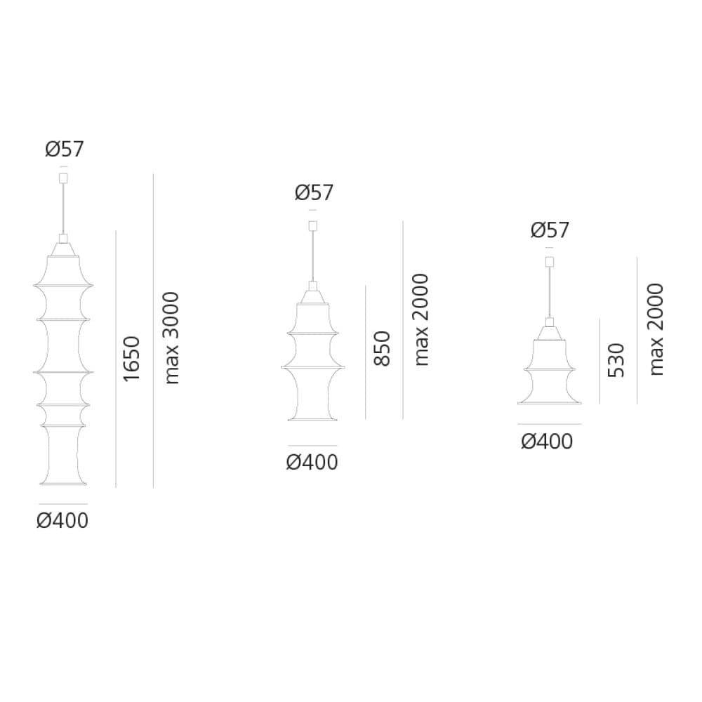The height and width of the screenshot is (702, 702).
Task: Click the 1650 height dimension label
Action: [132, 359]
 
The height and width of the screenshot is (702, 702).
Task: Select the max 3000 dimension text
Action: [171, 338]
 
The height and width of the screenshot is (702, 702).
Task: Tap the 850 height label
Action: [382, 349]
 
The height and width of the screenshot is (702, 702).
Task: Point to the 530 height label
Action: [616, 361]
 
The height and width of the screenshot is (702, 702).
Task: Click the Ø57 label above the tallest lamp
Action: [65, 149]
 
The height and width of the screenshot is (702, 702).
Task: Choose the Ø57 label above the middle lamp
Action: [314, 193]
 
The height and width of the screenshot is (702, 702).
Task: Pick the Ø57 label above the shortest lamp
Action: [550, 230]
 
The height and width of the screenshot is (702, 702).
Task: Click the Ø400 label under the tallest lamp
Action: [62, 521]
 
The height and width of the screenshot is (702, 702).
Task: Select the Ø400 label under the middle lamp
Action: [312, 463]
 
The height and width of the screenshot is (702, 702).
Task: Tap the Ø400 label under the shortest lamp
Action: [547, 442]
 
